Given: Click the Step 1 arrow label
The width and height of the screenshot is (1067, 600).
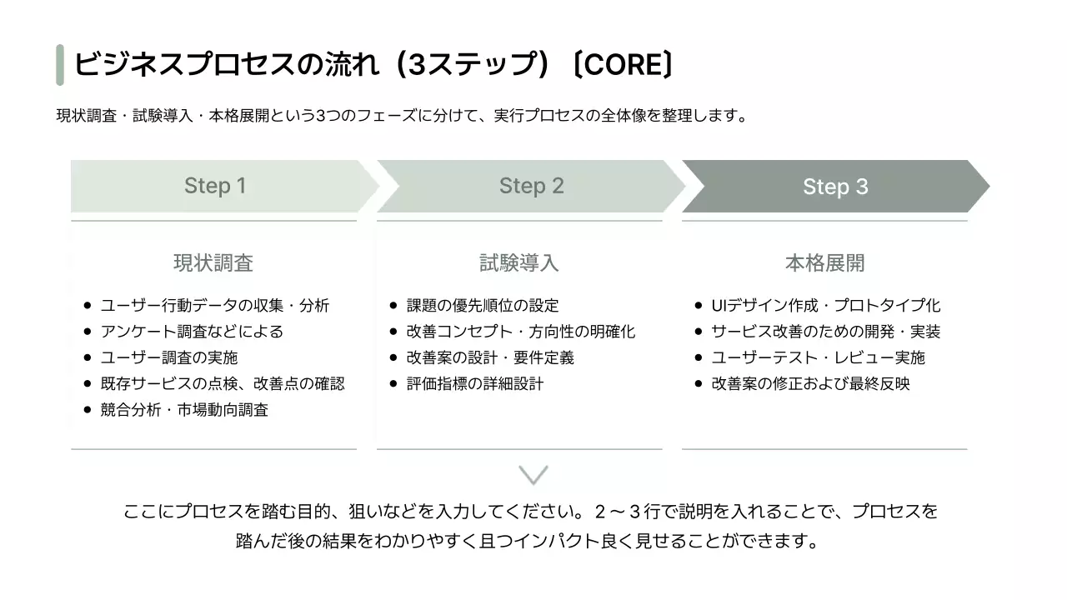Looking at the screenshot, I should coord(215,186).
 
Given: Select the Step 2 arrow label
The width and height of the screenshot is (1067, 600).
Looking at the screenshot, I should coord(531,186).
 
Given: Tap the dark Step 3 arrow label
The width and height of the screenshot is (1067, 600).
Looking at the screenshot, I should coord(835,187).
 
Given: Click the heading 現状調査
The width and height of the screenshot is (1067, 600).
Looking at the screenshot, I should coord(213,263).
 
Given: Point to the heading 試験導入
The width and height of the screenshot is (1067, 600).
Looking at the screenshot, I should coord(519,263).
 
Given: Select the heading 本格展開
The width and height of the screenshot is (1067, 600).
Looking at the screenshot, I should coord(824,263).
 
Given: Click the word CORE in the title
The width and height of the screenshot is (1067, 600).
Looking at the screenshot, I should coord(624,64).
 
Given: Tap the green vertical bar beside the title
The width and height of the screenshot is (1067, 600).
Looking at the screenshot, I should coord(60,65).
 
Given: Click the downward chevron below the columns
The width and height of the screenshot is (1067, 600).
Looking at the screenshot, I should coord(533,475).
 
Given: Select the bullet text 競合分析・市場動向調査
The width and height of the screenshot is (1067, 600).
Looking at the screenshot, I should coord(184,410).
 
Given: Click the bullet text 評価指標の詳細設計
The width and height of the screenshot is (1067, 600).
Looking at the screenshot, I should coord(475,384).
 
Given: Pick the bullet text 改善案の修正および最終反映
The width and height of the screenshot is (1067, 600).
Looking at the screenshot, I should coord(810,384).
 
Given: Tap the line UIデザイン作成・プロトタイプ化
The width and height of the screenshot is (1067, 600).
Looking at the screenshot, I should coord(825,306).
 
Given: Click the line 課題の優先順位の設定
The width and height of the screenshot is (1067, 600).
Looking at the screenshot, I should coord(483,306).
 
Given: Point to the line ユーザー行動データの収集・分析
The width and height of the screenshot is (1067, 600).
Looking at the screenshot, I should coord(215,306).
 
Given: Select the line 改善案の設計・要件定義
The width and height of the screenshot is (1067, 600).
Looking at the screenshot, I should coord(490,357).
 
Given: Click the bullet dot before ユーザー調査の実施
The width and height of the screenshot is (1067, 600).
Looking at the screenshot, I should coord(88,357).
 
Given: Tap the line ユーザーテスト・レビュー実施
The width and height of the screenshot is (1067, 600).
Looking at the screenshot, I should coord(818,357).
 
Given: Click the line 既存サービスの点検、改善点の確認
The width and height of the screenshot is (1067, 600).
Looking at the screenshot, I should coord(223,384).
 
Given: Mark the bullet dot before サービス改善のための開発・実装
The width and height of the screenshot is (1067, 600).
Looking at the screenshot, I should coord(699,332).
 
